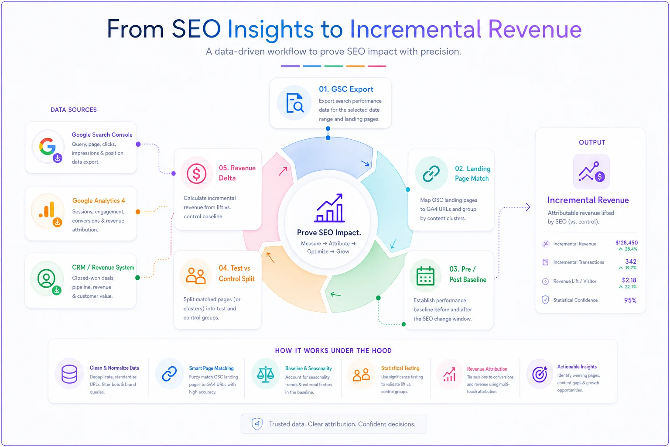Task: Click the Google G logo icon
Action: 47,146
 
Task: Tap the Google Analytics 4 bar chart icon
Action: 47,209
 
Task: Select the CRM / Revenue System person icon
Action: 46,278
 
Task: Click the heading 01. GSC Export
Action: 346,89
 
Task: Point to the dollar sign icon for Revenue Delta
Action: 197,174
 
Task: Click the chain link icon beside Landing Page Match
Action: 431,173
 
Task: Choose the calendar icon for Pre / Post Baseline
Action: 425,276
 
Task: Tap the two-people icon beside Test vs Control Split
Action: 195,275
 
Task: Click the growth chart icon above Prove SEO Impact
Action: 329,208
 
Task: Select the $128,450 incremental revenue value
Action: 626,243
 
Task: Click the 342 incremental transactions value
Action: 630,261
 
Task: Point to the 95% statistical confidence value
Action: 630,300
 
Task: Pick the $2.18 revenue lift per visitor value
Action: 629,280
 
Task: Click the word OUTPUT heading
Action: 592,142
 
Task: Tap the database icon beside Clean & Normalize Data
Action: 69,374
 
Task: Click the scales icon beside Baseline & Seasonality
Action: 266,374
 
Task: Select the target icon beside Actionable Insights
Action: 540,374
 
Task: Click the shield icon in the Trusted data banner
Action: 257,424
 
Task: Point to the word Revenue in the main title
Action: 535,29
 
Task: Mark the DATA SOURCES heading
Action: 74,110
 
